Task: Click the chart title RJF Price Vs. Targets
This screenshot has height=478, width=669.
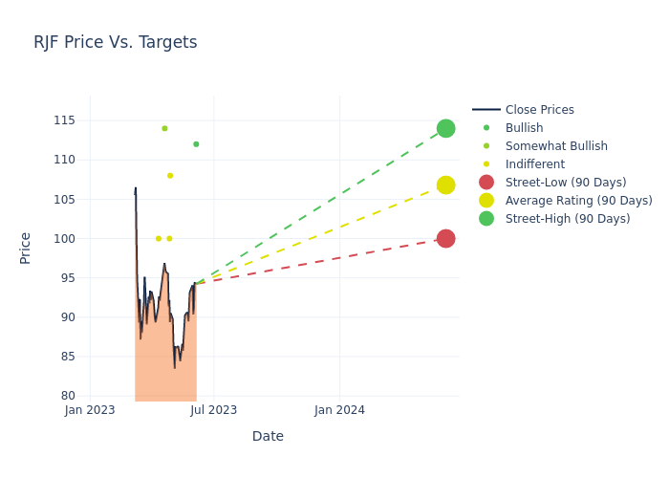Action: pos(115,42)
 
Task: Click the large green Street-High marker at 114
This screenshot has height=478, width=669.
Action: pos(445,128)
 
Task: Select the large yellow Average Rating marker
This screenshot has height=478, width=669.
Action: pos(445,185)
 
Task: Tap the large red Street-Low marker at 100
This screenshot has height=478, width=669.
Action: pos(445,238)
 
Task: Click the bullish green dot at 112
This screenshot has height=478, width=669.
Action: pos(196,144)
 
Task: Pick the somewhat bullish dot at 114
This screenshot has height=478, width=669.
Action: pos(164,128)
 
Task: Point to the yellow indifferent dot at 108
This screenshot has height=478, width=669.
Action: pos(170,176)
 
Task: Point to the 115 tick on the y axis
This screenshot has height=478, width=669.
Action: pos(63,120)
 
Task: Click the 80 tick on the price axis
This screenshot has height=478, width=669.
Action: pos(66,396)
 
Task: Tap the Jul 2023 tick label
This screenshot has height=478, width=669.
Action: pos(213,411)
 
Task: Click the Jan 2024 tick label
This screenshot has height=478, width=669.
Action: pos(339,411)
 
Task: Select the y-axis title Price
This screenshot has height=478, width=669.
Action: pos(26,248)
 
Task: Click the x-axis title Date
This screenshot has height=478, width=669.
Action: pos(268,437)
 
